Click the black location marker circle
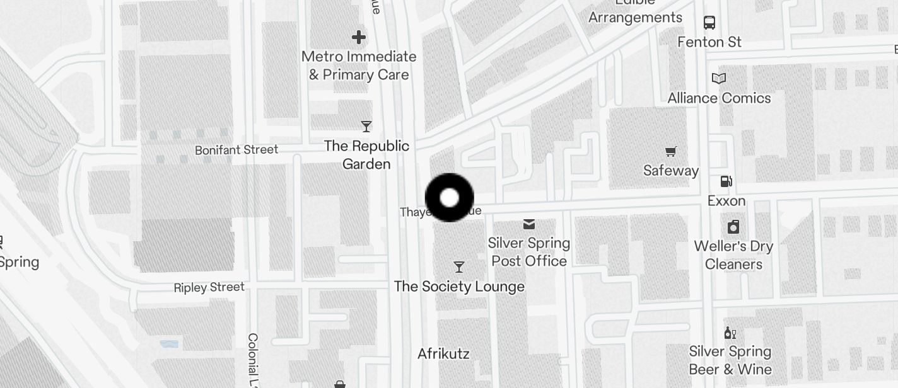click(x=449, y=198)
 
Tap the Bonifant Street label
click(x=236, y=150)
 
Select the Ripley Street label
click(x=209, y=287)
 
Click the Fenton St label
click(x=709, y=42)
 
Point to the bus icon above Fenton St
click(x=709, y=23)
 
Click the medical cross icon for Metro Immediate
click(x=359, y=37)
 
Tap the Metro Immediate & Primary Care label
click(x=359, y=66)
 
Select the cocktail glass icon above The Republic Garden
click(x=366, y=127)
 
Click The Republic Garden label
click(x=366, y=155)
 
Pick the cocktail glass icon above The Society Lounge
click(x=459, y=267)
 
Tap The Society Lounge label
click(x=459, y=287)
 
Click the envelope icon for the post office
click(x=528, y=224)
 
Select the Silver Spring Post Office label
click(x=529, y=252)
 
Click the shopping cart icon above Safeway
click(x=670, y=151)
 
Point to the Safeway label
click(x=671, y=171)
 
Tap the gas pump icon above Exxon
click(x=726, y=181)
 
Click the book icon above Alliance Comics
click(x=719, y=79)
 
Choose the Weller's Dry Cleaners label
click(x=733, y=255)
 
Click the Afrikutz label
click(x=443, y=353)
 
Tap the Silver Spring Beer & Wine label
click(x=730, y=360)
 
